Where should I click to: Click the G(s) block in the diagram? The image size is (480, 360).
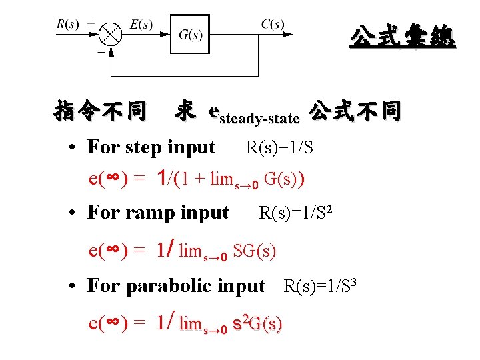[190, 35]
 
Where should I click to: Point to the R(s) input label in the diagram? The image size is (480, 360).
[67, 24]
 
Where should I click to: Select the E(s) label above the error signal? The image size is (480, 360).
[141, 25]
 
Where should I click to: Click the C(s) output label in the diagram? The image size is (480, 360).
[273, 24]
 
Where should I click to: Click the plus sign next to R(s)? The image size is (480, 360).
[91, 23]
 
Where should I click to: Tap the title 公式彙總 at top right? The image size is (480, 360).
[403, 37]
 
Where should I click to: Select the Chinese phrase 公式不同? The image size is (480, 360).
[355, 111]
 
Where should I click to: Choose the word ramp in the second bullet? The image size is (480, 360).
[149, 213]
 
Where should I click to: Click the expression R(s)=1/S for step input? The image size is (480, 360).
[279, 147]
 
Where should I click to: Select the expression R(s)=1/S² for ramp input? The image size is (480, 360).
[295, 213]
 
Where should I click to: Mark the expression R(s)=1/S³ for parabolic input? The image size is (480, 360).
[322, 286]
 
